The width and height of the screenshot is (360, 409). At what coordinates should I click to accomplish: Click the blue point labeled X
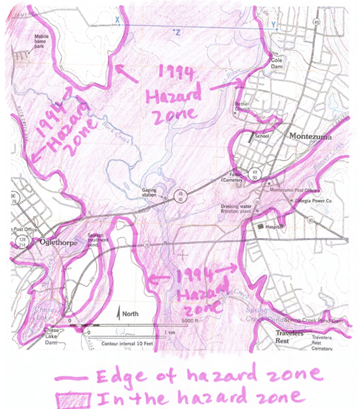click(119, 25)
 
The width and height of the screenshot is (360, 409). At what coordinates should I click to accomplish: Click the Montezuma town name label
click(310, 136)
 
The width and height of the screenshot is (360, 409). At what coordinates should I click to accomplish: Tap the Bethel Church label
click(242, 107)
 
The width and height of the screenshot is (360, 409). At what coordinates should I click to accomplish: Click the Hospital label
click(274, 227)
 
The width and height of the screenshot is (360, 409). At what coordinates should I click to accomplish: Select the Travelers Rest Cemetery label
click(322, 343)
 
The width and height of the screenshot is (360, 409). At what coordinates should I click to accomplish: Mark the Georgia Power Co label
click(314, 201)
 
